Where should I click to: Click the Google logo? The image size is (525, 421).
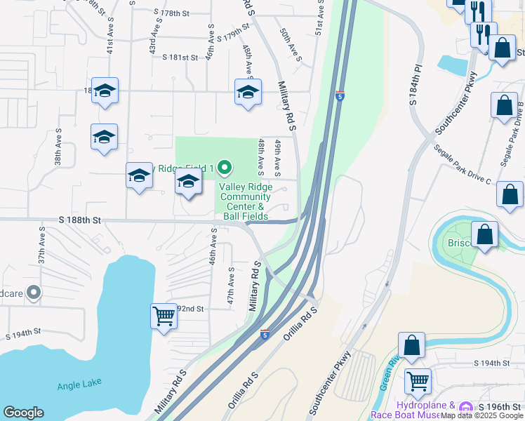[x=23, y=413]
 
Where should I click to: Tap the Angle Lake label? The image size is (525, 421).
[x=79, y=383]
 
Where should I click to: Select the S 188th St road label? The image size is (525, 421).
[x=80, y=220]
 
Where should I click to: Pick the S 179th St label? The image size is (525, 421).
[x=233, y=34]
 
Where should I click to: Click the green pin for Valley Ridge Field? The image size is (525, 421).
[x=225, y=168]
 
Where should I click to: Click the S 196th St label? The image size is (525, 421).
[x=500, y=407]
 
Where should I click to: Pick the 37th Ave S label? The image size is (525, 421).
[x=42, y=249]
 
